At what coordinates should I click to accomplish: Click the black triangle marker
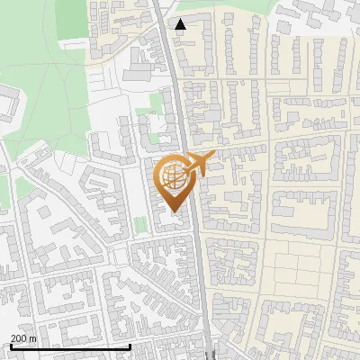(181, 25)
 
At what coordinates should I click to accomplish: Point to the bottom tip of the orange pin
(174, 212)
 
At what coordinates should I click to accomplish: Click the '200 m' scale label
(22, 338)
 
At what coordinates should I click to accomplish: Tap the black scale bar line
(70, 346)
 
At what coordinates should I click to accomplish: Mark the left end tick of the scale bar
(10, 346)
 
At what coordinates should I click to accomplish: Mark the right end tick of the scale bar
(130, 346)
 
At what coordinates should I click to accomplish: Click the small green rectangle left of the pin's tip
(139, 223)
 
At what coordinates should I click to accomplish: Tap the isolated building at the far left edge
(8, 104)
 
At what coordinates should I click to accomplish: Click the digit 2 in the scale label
(13, 338)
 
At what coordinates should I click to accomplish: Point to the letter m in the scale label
(32, 338)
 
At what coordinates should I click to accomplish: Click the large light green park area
(54, 99)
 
